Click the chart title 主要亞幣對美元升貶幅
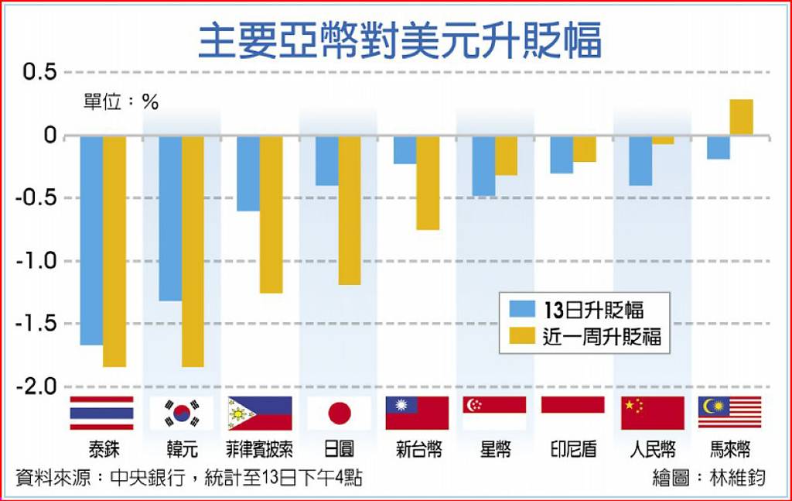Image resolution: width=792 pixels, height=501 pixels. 400,40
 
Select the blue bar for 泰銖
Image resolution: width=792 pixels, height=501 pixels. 91,240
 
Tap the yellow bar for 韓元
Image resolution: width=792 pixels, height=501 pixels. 193,251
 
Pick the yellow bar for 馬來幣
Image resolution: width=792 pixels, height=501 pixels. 741,117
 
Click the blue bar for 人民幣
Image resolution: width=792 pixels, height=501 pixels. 640,161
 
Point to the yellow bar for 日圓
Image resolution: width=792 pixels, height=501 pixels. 350,210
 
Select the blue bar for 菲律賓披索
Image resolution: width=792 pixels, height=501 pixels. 248,173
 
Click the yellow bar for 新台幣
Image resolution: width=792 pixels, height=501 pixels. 428,183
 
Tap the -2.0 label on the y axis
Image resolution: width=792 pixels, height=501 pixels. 36,386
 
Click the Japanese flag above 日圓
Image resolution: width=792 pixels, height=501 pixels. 339,413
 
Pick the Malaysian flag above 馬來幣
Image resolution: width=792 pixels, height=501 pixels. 729,412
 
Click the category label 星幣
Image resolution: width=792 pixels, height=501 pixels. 495,450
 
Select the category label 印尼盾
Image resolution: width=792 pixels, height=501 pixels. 573,450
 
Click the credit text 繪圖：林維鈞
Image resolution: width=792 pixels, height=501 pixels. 708,478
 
